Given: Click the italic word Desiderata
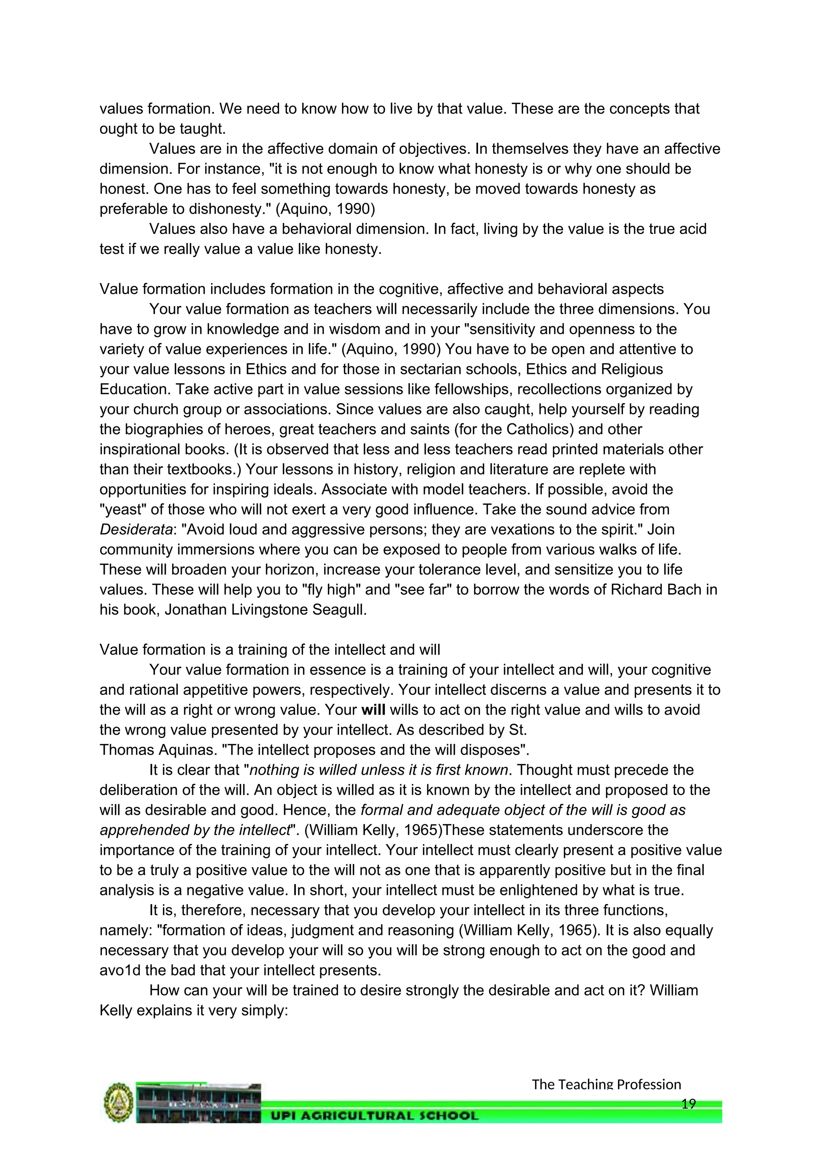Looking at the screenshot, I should pos(136,529).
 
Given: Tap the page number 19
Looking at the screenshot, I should pos(688,1104).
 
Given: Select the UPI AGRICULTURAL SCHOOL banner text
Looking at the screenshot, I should pos(374,1115).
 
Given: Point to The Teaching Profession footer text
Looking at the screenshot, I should pos(606,1084).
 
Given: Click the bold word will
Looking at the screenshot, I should pos(374,710).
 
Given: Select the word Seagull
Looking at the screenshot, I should pos(339,609).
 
